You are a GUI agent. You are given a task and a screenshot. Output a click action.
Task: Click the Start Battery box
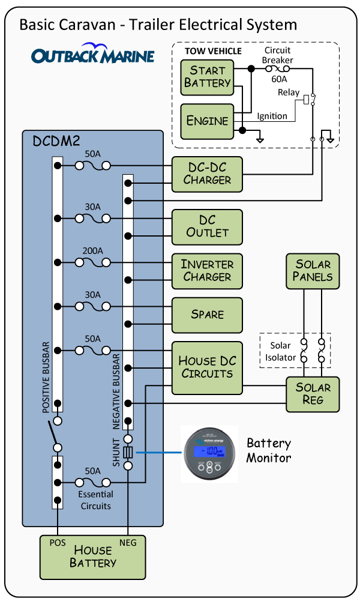point(207,77)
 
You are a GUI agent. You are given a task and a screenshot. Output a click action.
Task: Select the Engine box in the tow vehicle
point(207,121)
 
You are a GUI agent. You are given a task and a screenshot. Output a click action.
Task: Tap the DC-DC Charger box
point(207,174)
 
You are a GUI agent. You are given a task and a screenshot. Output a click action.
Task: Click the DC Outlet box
point(207,226)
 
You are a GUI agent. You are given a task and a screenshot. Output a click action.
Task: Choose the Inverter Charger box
point(207,271)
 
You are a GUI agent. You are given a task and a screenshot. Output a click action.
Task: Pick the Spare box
point(207,315)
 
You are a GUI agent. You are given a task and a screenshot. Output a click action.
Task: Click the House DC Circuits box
point(207,367)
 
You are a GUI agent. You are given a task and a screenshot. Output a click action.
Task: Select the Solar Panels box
point(313,271)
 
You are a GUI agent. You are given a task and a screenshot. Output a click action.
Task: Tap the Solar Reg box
point(313,394)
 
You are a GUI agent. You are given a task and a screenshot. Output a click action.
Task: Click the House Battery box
point(93,557)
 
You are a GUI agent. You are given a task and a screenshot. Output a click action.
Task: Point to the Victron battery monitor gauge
point(210,453)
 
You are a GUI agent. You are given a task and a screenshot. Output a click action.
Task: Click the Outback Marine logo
point(93,55)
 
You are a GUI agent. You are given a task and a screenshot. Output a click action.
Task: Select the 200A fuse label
point(92,251)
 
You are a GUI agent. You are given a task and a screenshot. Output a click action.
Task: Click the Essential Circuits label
point(95,500)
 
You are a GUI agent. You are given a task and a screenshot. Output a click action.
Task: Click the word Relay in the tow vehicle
point(289,92)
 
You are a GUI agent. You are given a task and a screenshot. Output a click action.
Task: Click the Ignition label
point(272,116)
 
